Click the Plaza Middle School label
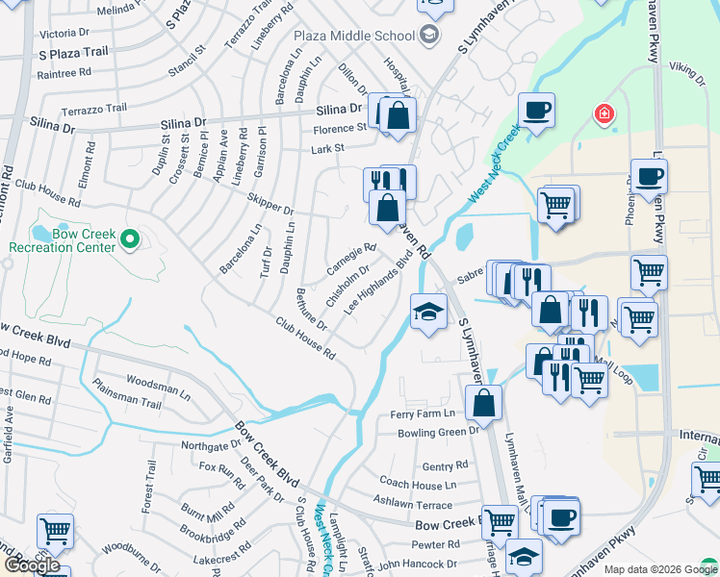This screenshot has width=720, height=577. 354,37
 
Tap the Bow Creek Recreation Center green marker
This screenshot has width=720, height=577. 133,238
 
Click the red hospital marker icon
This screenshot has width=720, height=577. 604,114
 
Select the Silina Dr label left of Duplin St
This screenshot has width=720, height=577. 51,123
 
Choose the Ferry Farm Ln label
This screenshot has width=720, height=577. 422,414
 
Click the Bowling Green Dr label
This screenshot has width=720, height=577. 439,432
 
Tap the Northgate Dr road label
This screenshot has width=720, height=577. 211,445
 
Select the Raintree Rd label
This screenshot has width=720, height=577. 60,72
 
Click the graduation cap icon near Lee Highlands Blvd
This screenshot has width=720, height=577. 428,311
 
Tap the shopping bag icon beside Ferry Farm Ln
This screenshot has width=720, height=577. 484,403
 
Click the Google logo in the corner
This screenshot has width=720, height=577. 33,565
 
